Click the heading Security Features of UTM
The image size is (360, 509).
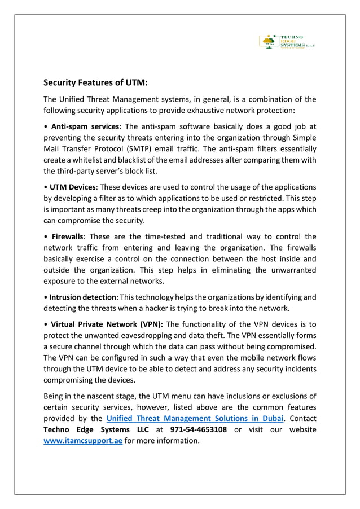[x=96, y=82]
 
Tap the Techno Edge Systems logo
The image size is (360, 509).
[x=286, y=41]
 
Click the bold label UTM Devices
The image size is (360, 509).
[x=73, y=187]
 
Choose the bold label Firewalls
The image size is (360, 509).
[x=67, y=236]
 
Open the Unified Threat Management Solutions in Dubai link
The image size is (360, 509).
[x=195, y=418]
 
